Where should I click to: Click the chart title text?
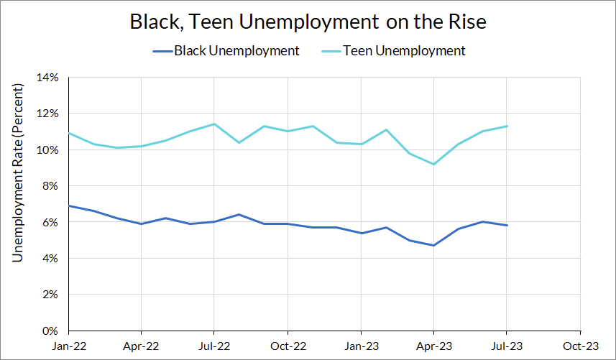coord(308,22)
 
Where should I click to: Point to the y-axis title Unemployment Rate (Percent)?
coord(19,172)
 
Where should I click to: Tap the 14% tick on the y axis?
coord(48,77)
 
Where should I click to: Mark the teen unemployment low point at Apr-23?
coord(433,164)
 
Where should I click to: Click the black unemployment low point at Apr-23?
coord(433,245)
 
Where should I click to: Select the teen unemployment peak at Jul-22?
coord(214,124)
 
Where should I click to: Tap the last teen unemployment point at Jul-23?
coord(507,126)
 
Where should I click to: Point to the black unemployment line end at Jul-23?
coord(507,226)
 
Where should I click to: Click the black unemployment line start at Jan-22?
coord(68,206)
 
